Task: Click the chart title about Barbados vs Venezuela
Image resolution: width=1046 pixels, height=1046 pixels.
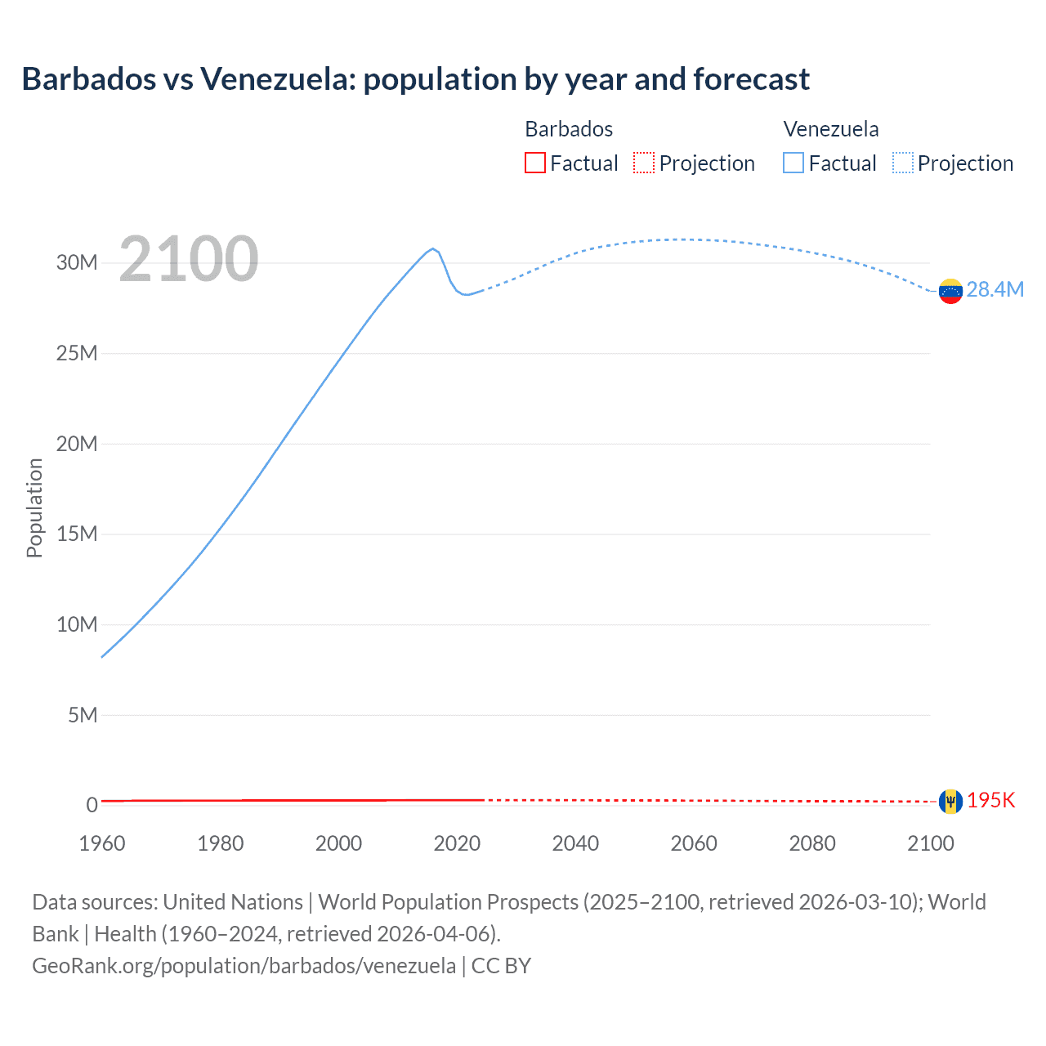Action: [415, 79]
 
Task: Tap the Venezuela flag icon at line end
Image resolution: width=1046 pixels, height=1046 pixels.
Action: [950, 291]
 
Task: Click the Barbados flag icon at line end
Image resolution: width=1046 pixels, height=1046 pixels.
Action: [950, 801]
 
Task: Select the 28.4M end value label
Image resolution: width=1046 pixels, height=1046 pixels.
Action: [995, 290]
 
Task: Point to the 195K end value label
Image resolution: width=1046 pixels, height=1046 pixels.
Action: [990, 801]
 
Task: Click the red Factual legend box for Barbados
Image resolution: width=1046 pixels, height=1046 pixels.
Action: [535, 163]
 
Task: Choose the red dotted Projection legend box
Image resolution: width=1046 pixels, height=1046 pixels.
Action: [644, 163]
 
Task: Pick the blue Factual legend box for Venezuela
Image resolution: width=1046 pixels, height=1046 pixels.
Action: [793, 163]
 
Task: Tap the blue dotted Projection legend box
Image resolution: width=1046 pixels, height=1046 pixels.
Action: [903, 163]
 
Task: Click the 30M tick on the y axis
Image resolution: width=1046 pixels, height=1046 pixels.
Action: [77, 263]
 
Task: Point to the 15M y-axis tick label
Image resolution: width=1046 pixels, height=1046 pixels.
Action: [77, 534]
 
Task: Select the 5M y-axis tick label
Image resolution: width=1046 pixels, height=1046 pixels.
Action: [83, 716]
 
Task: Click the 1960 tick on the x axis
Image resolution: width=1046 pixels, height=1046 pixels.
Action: [102, 843]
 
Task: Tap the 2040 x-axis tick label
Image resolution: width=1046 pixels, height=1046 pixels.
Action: [575, 843]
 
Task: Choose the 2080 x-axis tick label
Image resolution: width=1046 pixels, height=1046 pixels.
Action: [812, 843]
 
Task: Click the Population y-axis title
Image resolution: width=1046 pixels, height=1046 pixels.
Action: [34, 507]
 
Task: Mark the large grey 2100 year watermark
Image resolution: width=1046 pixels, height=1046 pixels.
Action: [189, 259]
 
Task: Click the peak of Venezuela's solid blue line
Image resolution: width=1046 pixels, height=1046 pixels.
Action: [433, 248]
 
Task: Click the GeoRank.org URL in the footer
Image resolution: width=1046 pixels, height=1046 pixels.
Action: [244, 966]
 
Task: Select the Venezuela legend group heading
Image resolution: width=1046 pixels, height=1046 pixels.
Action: [831, 129]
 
